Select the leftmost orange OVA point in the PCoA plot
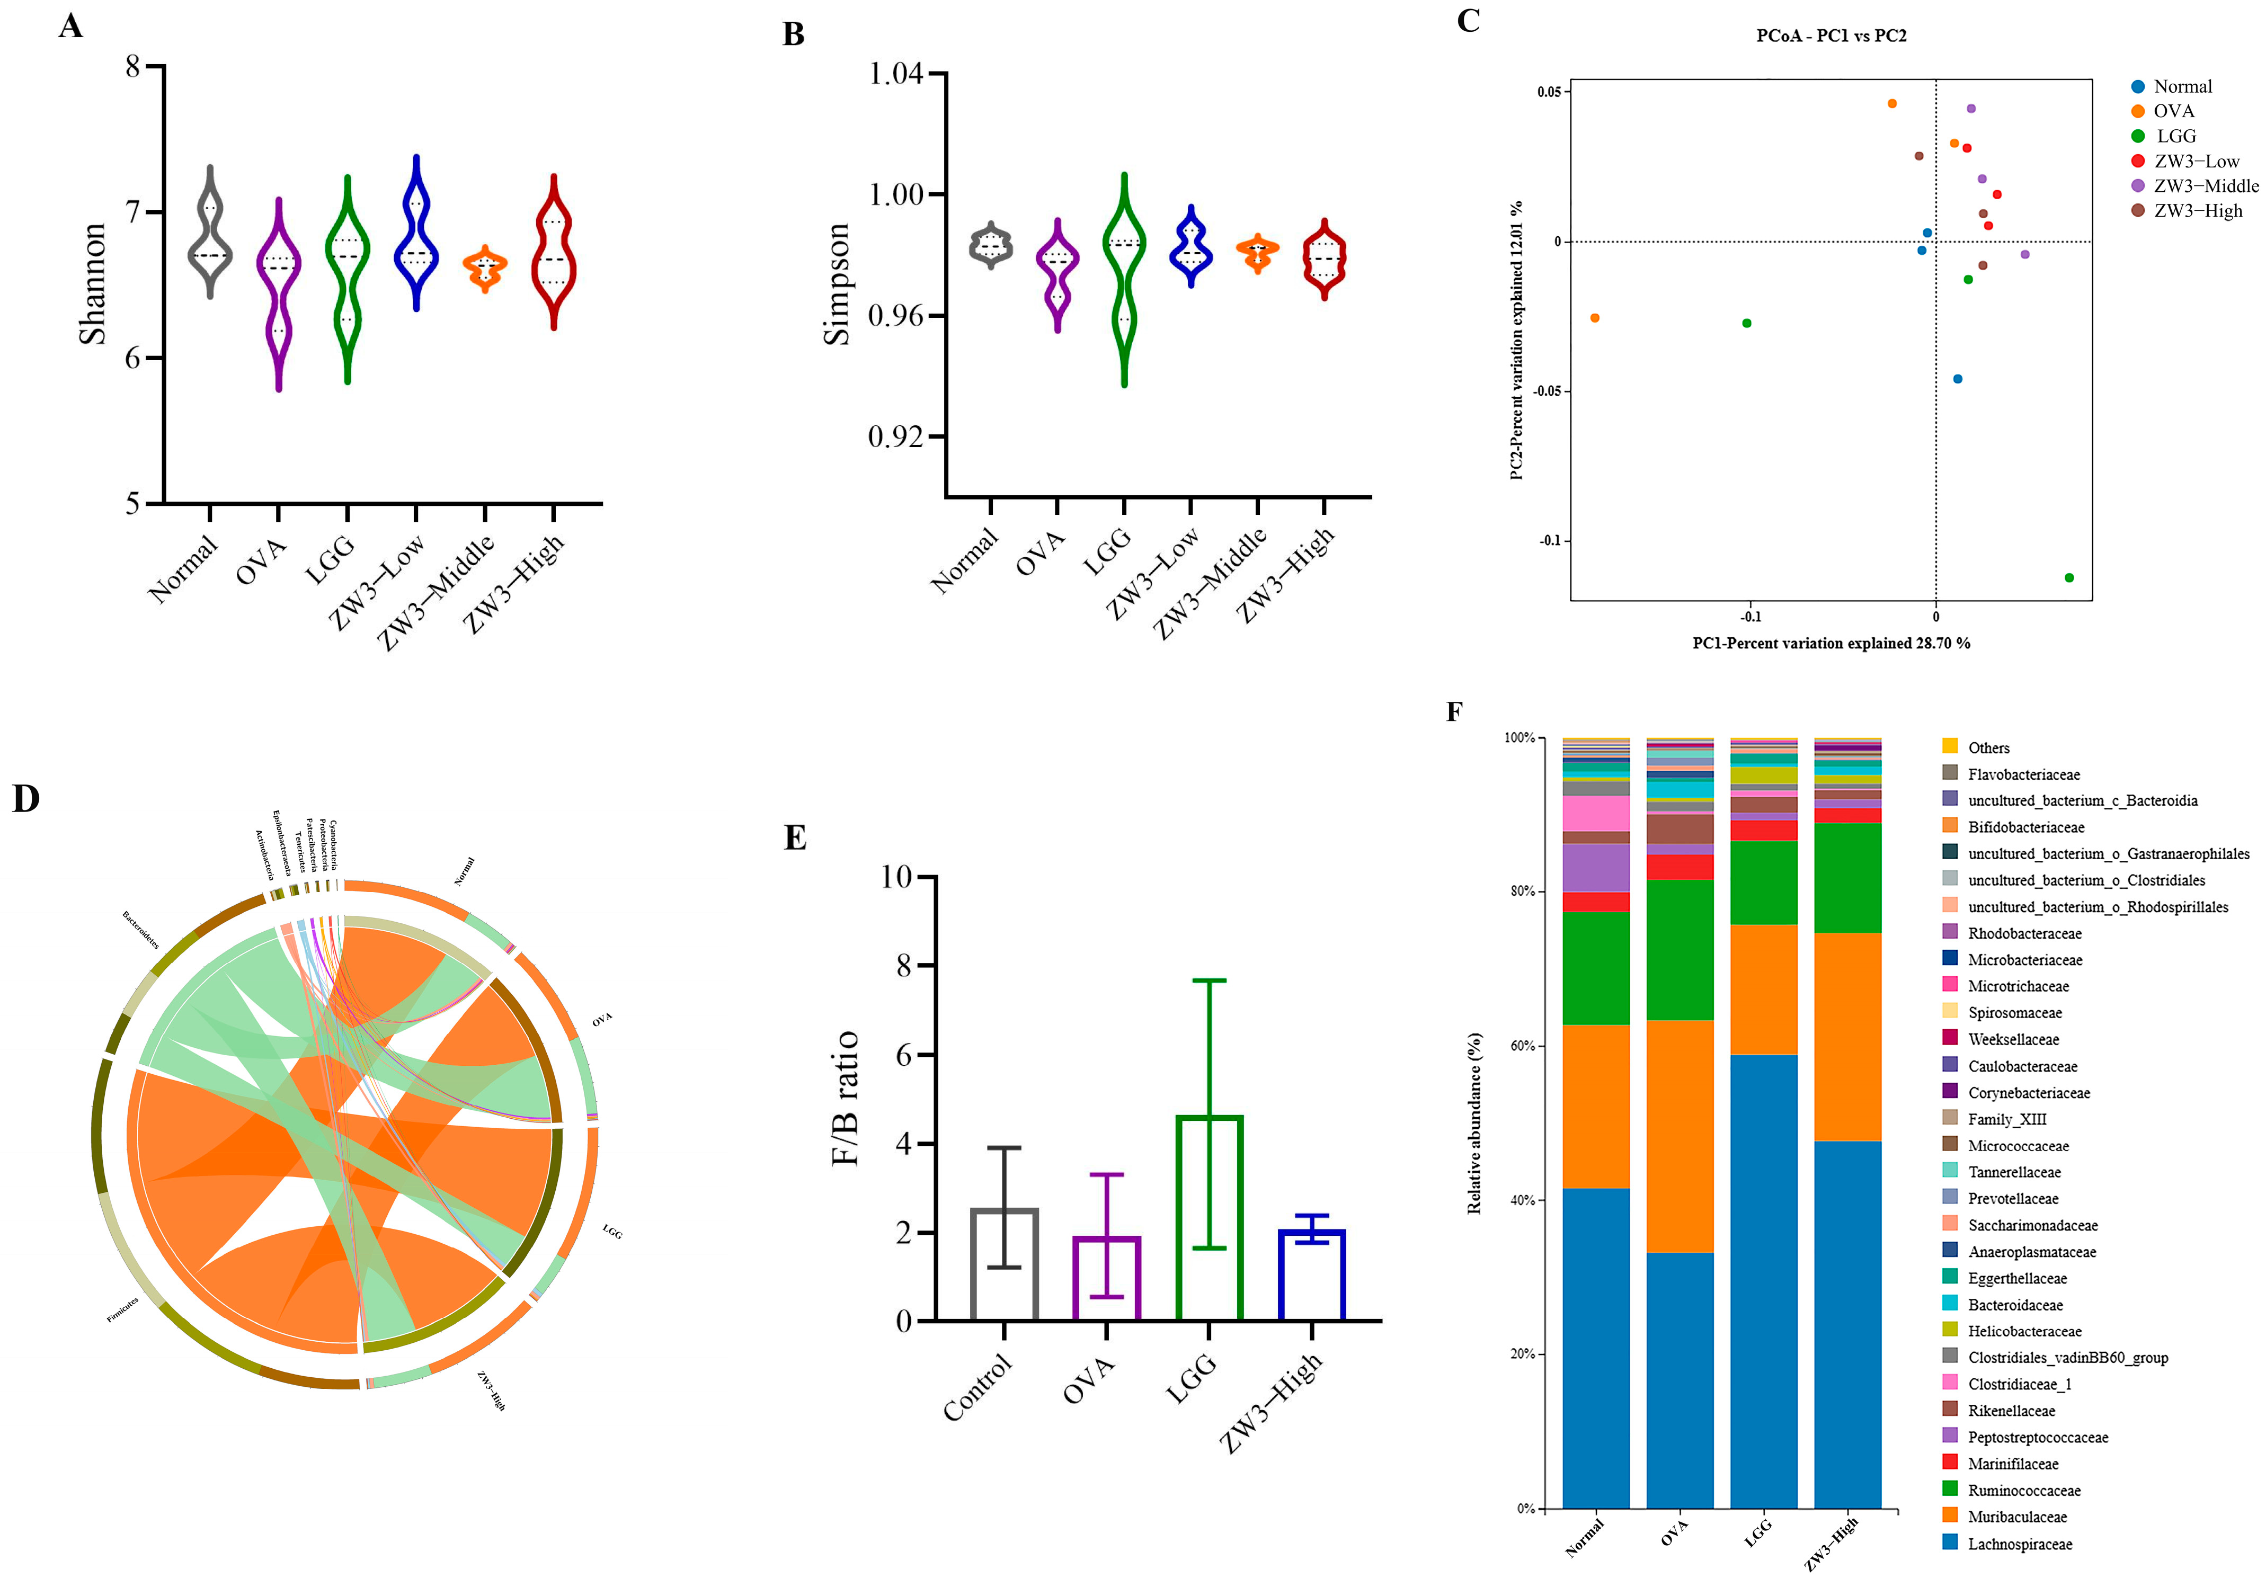pyautogui.click(x=1595, y=318)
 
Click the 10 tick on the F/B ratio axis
pyautogui.click(x=896, y=876)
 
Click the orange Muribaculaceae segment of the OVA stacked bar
pyautogui.click(x=1679, y=1135)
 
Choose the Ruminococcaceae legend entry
pyautogui.click(x=2023, y=1490)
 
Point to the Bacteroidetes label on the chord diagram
pyautogui.click(x=140, y=930)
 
